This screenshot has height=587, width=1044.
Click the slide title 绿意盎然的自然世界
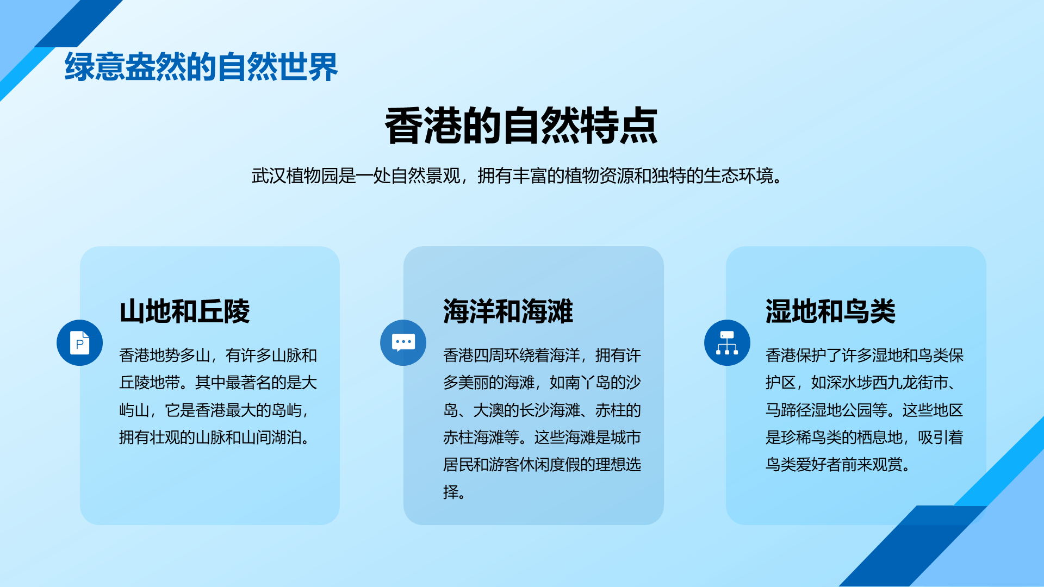click(x=201, y=67)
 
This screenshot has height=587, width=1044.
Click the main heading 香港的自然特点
click(x=521, y=126)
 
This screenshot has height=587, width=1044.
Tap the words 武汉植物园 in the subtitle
click(x=295, y=176)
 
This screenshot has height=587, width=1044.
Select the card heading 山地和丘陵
click(x=185, y=311)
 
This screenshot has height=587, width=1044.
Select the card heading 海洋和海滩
click(x=508, y=311)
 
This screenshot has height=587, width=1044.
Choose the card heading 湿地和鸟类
click(x=830, y=311)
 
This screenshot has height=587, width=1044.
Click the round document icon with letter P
click(x=79, y=342)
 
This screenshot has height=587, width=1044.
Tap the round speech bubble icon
click(x=403, y=342)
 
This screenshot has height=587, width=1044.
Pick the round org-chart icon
click(x=727, y=342)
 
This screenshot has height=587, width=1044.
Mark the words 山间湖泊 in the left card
click(x=271, y=437)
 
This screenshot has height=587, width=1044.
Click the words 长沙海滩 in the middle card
click(x=550, y=410)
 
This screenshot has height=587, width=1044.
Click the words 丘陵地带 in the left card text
click(x=150, y=383)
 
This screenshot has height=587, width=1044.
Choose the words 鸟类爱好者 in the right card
click(x=803, y=465)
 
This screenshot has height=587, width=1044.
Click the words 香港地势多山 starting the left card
click(x=165, y=355)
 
